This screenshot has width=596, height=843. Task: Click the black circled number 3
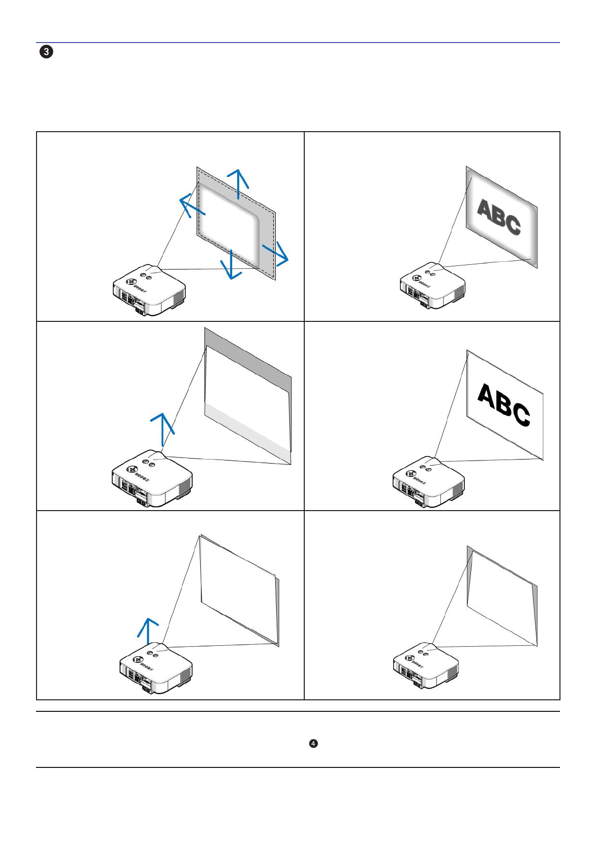pos(46,52)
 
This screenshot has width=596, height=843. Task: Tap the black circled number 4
pos(313,743)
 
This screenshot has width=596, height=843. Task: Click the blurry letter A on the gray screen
pos(485,210)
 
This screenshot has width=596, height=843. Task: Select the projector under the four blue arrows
pos(149,290)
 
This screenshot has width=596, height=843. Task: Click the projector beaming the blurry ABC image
pos(432,286)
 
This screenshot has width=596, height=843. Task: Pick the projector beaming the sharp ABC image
pos(428,482)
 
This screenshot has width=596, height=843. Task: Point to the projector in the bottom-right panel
pos(426,665)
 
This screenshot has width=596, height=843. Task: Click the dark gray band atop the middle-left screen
pos(248,350)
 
